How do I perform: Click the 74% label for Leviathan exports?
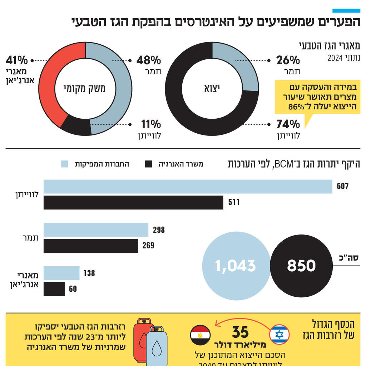point(288,124)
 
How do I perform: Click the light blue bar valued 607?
point(188,187)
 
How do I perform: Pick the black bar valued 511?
point(133,202)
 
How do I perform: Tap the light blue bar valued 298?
point(96,230)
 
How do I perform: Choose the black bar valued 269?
point(91,246)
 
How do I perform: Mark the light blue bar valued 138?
point(61,273)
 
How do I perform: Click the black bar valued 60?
point(54,289)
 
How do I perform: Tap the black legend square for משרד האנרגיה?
point(149,164)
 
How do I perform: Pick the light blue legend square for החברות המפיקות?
point(64,164)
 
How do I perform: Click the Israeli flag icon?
point(279,335)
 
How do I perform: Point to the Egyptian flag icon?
point(200,335)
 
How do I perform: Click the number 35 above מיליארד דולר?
point(240,332)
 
